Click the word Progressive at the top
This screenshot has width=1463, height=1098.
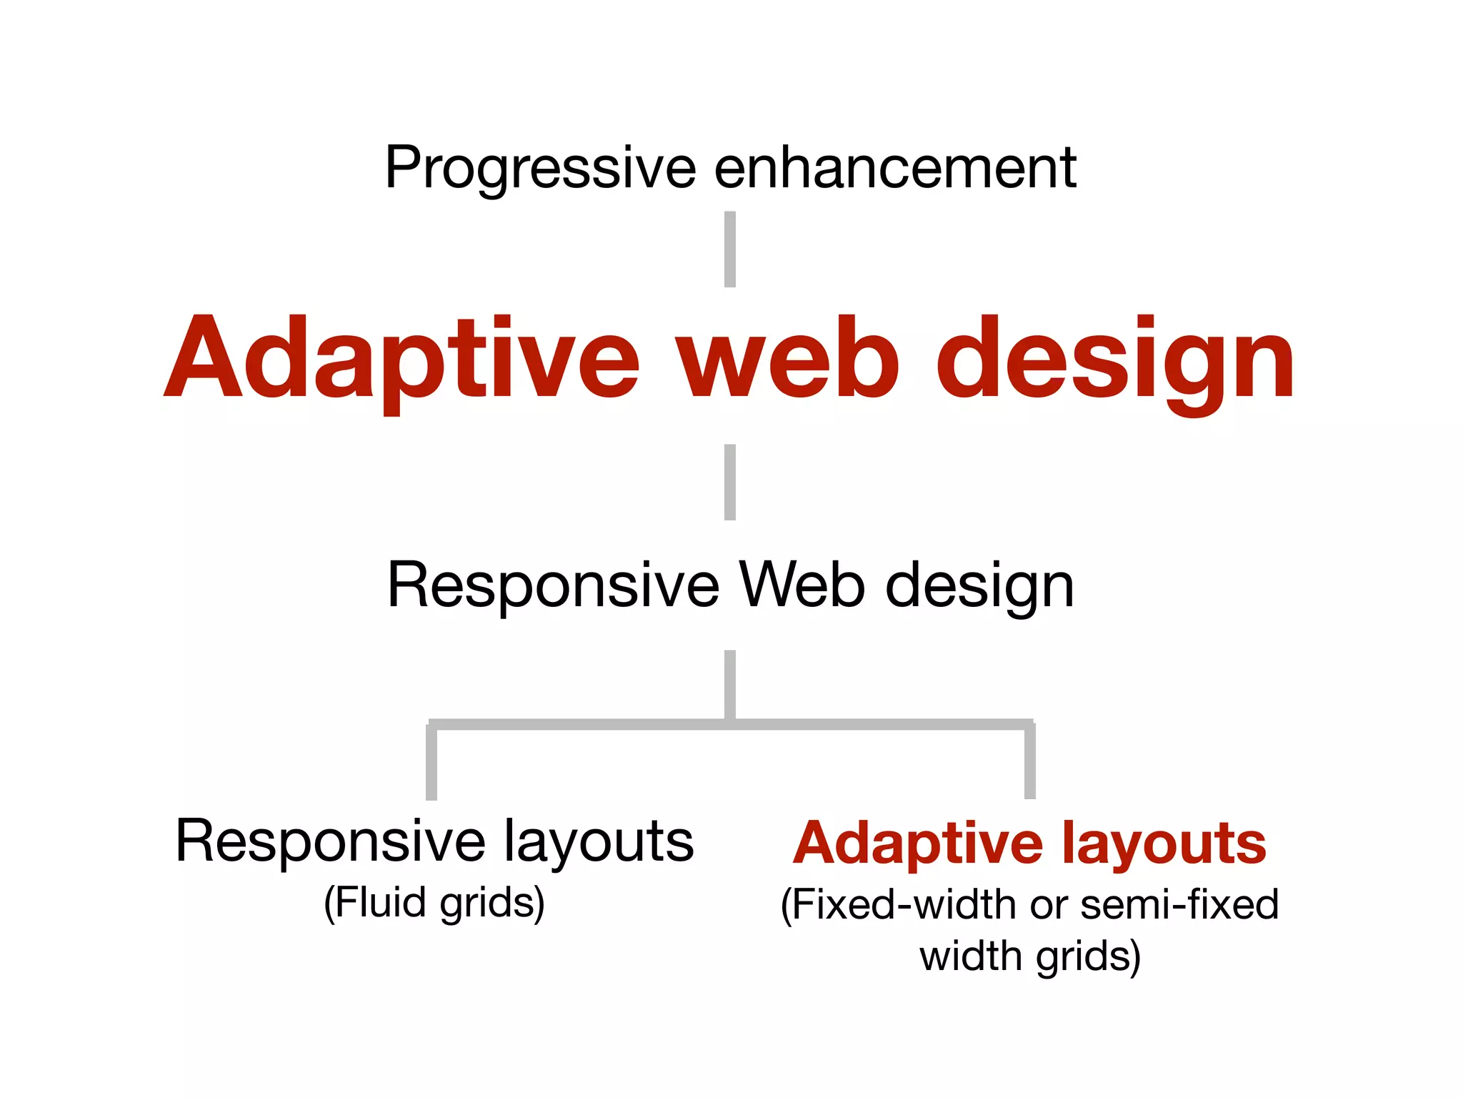[540, 168]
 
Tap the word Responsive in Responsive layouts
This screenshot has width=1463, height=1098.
[331, 841]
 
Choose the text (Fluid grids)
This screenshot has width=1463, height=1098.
[434, 903]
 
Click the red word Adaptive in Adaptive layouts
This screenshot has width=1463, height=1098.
[918, 844]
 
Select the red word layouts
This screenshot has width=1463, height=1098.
[1164, 844]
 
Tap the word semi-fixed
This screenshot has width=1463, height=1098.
[1179, 905]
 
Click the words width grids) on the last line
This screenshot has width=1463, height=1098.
[1029, 956]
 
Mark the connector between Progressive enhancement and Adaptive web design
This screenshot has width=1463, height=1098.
[730, 249]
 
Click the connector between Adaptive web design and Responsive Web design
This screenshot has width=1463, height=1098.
[730, 482]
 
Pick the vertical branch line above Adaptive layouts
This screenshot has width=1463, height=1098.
[1029, 762]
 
